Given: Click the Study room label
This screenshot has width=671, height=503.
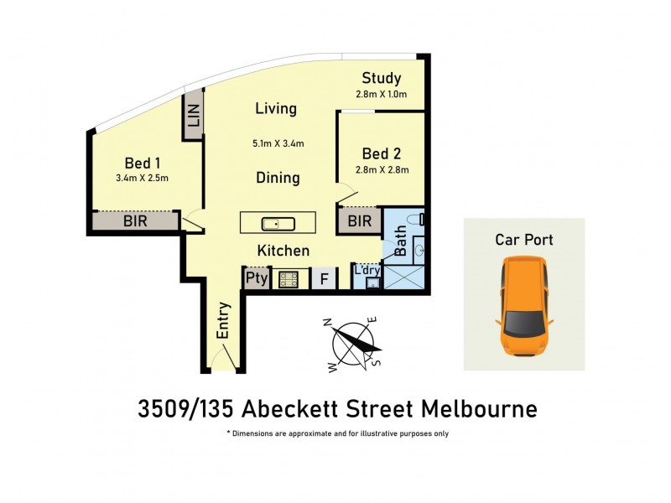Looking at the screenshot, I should [382, 80].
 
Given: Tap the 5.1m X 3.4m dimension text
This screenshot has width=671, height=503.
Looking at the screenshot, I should [278, 143].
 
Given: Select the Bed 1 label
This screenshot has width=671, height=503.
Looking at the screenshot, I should [143, 163].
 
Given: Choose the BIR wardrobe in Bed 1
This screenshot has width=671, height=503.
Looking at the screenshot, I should [136, 221].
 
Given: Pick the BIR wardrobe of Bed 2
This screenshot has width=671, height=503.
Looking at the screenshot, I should [359, 221].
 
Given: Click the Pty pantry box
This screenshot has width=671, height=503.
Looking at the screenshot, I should [256, 278].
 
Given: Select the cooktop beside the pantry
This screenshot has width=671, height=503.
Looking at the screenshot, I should [289, 278].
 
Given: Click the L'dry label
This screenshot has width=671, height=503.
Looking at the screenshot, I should [367, 270].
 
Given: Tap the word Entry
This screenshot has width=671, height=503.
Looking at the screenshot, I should [223, 319].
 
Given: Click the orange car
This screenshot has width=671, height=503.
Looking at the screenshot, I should [524, 306].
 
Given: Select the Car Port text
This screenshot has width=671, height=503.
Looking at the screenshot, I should [524, 240].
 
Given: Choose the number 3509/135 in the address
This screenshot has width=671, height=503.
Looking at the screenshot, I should [185, 410].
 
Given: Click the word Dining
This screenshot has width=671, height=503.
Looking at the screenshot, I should [278, 178].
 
